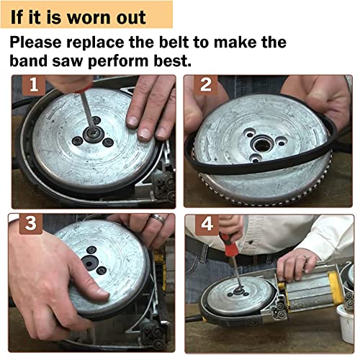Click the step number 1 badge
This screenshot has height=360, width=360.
[x=34, y=85]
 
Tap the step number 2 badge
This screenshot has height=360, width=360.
[x=205, y=85]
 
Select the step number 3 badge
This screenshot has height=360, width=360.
[x=30, y=223]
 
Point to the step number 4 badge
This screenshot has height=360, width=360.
[x=207, y=225]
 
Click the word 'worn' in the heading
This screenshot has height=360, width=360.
[x=89, y=18]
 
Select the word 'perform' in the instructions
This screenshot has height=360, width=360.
[x=119, y=62]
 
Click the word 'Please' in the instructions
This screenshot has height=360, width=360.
[x=35, y=42]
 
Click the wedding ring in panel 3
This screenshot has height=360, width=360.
[x=158, y=219]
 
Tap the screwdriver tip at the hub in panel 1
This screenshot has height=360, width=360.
[x=92, y=131]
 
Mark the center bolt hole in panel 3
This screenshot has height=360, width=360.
[x=89, y=264]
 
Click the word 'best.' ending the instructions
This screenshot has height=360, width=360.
[x=173, y=61]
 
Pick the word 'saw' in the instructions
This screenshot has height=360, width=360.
[x=68, y=62]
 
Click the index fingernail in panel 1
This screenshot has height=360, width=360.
[x=132, y=121]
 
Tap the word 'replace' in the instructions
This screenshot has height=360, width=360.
[x=95, y=42]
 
